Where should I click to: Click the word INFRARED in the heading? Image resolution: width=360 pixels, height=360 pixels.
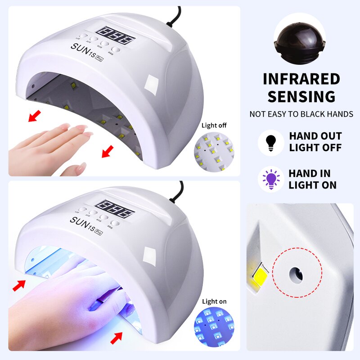[301, 79]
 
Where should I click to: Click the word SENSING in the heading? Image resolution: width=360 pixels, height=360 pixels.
[301, 96]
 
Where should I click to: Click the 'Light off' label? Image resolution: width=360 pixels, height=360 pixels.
[214, 126]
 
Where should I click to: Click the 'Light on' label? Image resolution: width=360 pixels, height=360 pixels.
[214, 301]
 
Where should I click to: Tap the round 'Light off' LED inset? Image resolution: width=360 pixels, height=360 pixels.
[214, 151]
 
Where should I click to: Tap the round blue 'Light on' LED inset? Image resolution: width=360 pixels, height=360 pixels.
[214, 327]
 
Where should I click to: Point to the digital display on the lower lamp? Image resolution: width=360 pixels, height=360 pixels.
[115, 208]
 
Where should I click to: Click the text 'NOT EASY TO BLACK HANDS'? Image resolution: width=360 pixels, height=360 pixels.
[301, 114]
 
